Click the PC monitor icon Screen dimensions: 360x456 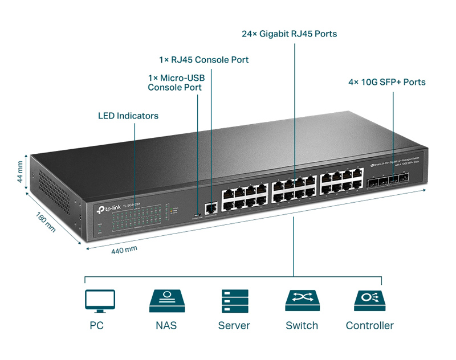[x=100, y=301]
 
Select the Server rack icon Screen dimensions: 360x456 [x=234, y=301]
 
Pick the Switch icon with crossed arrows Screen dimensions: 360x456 [x=302, y=300]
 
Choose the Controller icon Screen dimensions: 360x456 [x=369, y=300]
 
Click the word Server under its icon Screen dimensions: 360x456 [x=234, y=326]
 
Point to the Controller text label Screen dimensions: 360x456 [x=369, y=326]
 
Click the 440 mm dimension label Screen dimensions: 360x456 [x=124, y=249]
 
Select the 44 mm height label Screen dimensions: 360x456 [x=21, y=173]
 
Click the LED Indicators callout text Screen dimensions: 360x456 [x=128, y=116]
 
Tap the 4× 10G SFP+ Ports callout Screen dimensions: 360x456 [x=387, y=82]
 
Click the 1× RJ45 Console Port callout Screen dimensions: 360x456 [x=203, y=60]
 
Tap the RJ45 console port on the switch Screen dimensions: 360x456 [x=211, y=208]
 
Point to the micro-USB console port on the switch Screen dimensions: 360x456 [x=197, y=215]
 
